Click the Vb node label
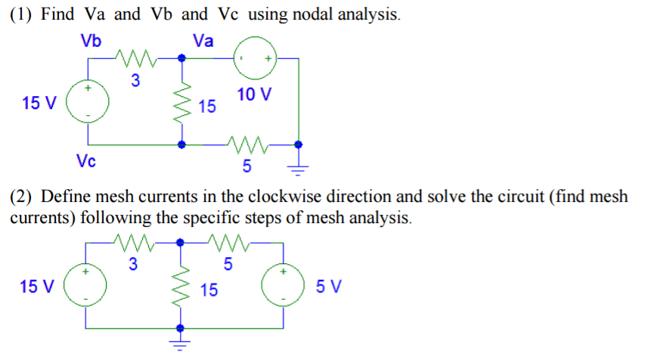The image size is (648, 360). [x=93, y=40]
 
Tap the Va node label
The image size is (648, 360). [x=203, y=40]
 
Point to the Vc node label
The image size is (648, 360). [x=85, y=160]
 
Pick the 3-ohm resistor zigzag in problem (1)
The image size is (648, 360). [x=134, y=57]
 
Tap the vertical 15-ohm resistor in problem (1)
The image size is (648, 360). [x=181, y=101]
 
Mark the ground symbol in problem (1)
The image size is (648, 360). [x=300, y=165]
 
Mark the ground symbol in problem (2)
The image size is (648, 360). [x=181, y=347]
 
